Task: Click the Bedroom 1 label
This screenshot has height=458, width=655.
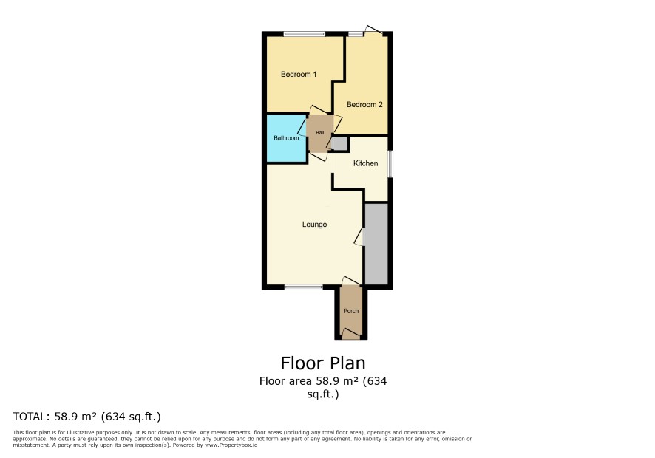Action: point(298,75)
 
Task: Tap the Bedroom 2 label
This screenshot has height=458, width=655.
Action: point(364,104)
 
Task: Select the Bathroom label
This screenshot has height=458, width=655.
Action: point(286,138)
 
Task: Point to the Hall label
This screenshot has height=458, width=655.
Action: point(319,132)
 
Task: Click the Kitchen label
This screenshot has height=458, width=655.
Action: point(365,163)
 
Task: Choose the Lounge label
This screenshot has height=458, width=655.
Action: point(314,225)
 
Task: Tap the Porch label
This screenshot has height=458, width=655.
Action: point(351,310)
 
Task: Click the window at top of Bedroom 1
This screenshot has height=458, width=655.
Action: point(305,34)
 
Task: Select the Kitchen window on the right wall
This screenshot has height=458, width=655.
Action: point(390,164)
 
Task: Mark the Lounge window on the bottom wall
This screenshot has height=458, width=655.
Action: point(304,287)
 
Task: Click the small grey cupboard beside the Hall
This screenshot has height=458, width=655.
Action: point(340,143)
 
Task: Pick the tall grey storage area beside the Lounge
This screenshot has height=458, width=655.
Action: point(377,244)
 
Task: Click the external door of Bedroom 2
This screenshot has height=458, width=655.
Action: point(373,30)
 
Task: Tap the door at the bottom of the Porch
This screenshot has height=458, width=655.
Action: point(351,332)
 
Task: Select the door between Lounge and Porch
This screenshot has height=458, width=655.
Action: point(351,281)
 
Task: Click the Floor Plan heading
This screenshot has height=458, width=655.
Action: point(323,363)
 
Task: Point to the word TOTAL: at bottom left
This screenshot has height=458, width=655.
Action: point(30,417)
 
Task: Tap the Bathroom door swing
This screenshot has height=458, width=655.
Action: point(302,127)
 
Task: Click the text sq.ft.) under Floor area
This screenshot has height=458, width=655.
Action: point(323,394)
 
